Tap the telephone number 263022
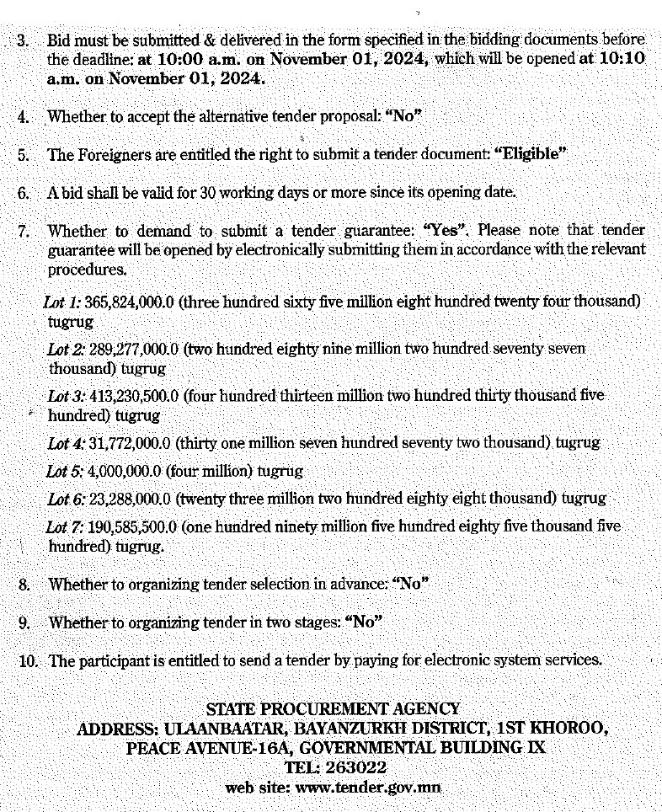357,767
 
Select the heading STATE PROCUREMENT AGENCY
333,709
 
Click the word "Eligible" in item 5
530,154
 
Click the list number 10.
28,661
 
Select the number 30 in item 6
208,192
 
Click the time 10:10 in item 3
623,58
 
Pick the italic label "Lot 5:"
65,471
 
